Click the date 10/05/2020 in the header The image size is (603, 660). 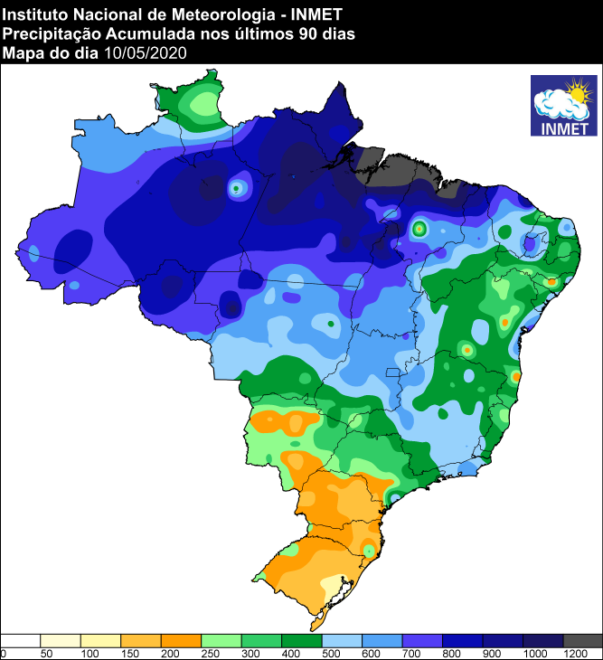146,53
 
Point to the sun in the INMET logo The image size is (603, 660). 576,91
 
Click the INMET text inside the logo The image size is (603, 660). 564,127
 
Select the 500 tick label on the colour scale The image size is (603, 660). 330,653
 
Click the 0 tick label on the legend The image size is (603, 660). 4,653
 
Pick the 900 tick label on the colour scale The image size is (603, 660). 491,653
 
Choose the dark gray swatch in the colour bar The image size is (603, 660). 582,640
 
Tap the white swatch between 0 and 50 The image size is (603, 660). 20,640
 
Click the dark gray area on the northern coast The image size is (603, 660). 398,168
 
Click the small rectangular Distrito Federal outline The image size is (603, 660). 392,372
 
